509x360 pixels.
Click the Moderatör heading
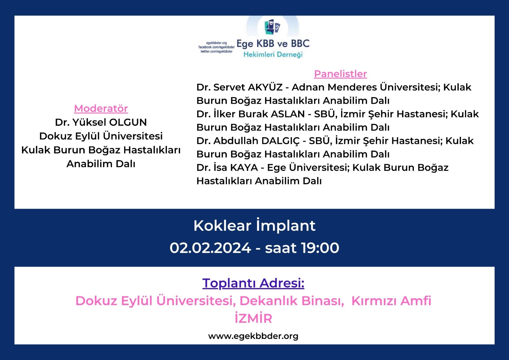[101, 109]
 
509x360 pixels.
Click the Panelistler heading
[340, 74]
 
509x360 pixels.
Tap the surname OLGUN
[128, 122]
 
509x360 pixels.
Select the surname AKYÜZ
[265, 87]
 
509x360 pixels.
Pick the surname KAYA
[244, 168]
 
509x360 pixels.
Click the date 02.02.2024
[210, 248]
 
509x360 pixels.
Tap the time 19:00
[320, 248]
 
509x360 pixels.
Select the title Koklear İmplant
[254, 226]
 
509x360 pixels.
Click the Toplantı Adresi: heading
[253, 283]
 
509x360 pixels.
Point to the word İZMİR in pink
[253, 318]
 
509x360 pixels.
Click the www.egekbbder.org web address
[253, 336]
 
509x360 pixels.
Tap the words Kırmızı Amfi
[391, 301]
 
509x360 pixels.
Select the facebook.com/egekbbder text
[217, 47]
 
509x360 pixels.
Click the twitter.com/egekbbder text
[217, 51]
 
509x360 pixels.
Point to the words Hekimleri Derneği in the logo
[273, 55]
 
